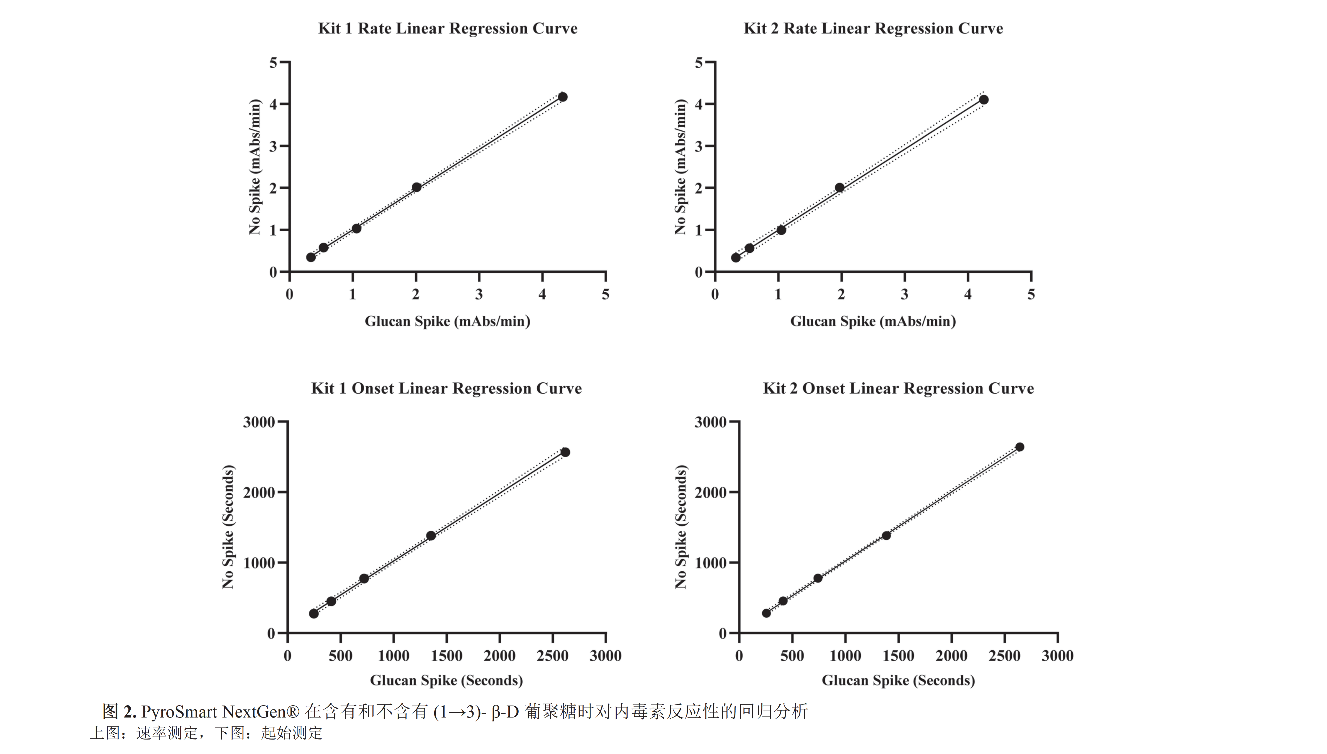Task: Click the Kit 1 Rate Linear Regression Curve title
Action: tap(447, 28)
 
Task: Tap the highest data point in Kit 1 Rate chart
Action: tap(563, 97)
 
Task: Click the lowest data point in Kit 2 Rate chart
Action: tap(736, 257)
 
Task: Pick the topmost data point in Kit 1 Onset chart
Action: tap(565, 452)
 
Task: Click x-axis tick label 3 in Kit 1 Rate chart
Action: tap(479, 295)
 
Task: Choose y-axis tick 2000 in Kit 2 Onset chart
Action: tap(710, 492)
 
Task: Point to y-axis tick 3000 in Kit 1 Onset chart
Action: tap(259, 422)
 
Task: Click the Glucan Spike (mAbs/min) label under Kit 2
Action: tap(873, 321)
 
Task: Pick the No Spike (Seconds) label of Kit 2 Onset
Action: tap(681, 527)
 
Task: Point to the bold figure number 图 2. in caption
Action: tap(119, 712)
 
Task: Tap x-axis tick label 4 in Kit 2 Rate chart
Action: tap(968, 295)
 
